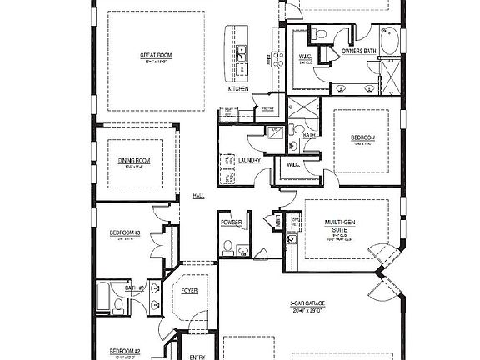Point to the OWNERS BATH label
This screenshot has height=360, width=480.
tap(359, 51)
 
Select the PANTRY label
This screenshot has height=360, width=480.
tap(267, 107)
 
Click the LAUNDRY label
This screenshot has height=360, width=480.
tap(250, 160)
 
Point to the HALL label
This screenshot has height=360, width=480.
tap(198, 195)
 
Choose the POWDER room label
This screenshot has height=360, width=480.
tap(232, 222)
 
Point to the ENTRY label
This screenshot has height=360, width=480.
tap(197, 357)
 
